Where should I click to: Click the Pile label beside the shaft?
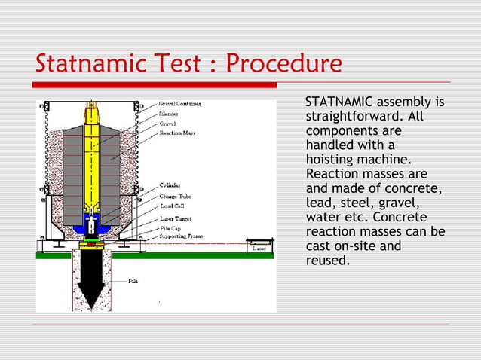tap(133, 282)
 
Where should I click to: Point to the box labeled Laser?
tap(259, 247)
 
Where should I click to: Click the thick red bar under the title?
tap(151, 84)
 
